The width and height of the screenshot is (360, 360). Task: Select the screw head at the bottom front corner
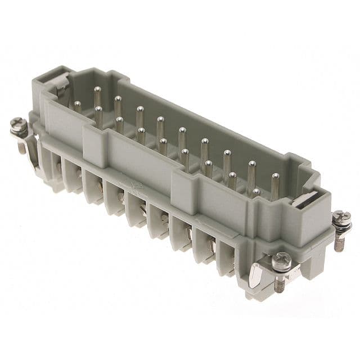[x=281, y=260]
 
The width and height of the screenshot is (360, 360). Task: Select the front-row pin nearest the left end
[x=77, y=106]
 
